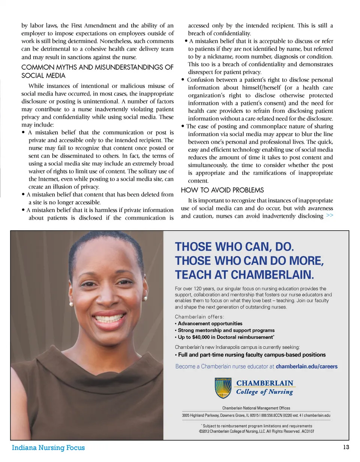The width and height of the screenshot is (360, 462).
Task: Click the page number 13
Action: click(x=346, y=447)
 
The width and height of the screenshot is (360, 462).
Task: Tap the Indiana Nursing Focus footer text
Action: click(x=48, y=448)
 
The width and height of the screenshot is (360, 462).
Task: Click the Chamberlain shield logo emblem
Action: click(x=223, y=388)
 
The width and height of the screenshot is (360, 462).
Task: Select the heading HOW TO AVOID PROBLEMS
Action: click(x=222, y=190)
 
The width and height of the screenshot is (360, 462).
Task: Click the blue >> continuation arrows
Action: click(x=329, y=216)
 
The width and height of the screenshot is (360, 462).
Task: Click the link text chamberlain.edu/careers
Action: click(x=306, y=366)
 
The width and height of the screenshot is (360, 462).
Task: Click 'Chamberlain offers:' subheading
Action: click(x=199, y=316)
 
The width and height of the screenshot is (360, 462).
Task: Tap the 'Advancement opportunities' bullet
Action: click(x=210, y=324)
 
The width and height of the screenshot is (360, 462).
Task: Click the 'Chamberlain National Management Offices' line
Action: click(x=256, y=408)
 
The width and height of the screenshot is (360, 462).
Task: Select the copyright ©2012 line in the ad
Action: click(x=256, y=432)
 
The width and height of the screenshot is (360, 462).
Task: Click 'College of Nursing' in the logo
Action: click(x=264, y=392)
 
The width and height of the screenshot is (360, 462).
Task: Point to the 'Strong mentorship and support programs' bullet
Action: click(x=226, y=330)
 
